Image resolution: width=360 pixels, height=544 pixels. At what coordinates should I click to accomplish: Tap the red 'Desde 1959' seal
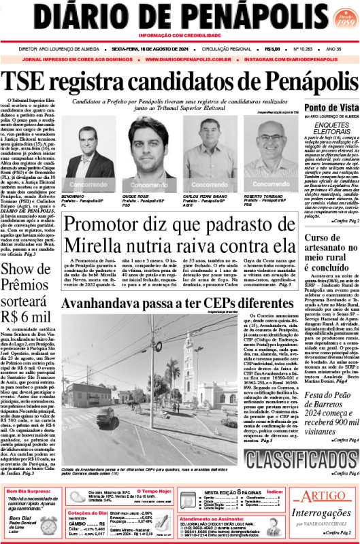[x=340, y=18]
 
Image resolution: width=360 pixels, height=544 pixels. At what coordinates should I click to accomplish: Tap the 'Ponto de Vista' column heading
[x=331, y=108]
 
